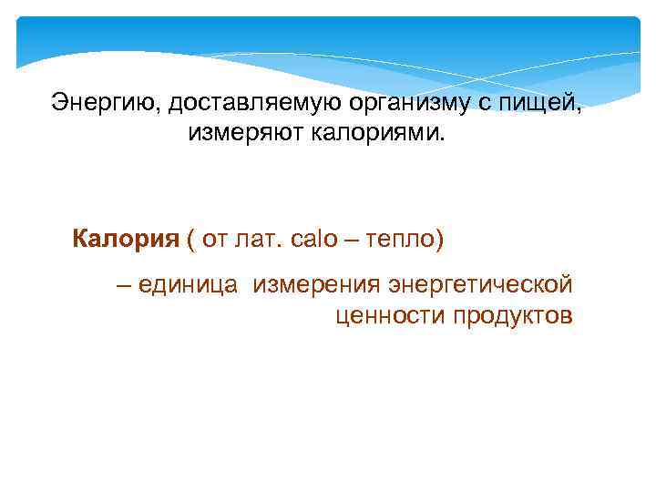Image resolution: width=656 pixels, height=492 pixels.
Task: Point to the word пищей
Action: (x=543, y=102)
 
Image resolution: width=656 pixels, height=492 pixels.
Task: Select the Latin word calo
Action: (x=313, y=240)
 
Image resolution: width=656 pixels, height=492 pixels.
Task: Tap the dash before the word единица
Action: (x=123, y=284)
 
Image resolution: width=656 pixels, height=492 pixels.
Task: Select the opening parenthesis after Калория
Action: (x=190, y=241)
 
